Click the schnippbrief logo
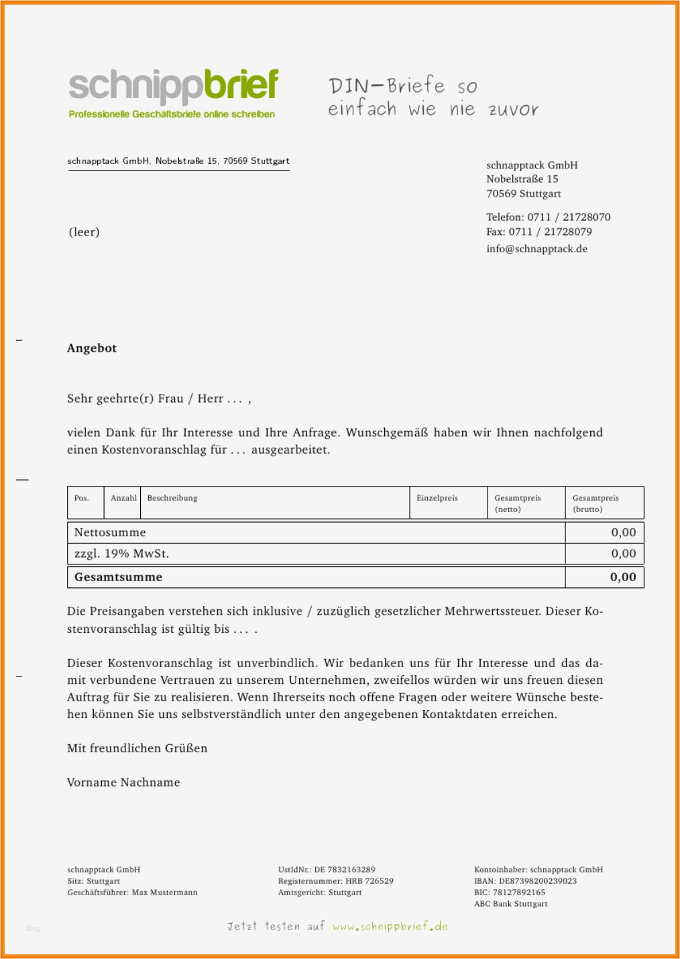(x=173, y=93)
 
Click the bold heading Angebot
(x=92, y=348)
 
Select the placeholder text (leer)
(x=84, y=232)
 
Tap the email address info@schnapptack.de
(x=536, y=249)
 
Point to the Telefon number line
(x=548, y=217)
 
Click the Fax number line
(x=539, y=232)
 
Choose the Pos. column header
(x=82, y=498)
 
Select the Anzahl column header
(x=123, y=498)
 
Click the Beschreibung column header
(x=172, y=498)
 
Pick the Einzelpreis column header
(x=437, y=498)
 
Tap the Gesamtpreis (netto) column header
(x=517, y=503)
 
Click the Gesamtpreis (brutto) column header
(x=596, y=503)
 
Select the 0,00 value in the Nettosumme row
(x=623, y=533)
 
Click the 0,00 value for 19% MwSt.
(x=623, y=554)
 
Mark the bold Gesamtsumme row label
(x=119, y=577)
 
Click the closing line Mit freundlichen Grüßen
(x=137, y=748)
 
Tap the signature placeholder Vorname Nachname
(x=123, y=783)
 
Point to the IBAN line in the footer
(x=525, y=881)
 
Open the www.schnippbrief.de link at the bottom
(x=390, y=927)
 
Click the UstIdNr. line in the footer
(x=327, y=870)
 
